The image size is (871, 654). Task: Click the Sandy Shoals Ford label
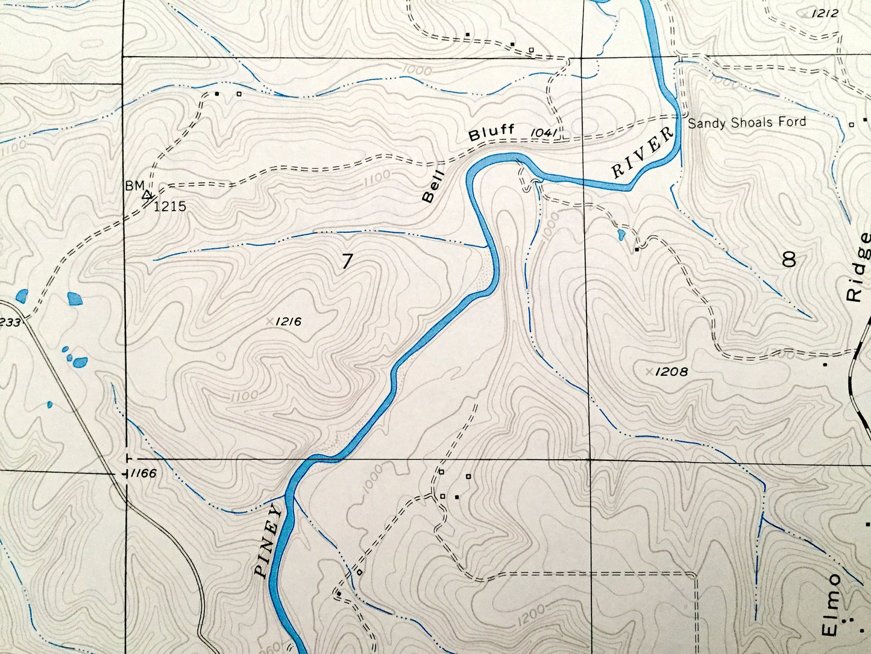pyautogui.click(x=746, y=122)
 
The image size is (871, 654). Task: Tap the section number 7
pyautogui.click(x=347, y=262)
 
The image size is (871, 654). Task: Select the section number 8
pyautogui.click(x=788, y=259)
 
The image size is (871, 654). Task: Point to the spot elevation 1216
pyautogui.click(x=288, y=322)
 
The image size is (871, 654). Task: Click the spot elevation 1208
pyautogui.click(x=671, y=372)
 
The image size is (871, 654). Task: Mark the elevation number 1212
pyautogui.click(x=825, y=13)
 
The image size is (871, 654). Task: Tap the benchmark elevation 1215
pyautogui.click(x=169, y=207)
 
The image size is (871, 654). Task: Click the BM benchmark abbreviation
pyautogui.click(x=134, y=186)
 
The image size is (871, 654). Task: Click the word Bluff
pyautogui.click(x=492, y=133)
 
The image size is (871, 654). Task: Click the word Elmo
pyautogui.click(x=832, y=603)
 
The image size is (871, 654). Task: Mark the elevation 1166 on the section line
pyautogui.click(x=143, y=474)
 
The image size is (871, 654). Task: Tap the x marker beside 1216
pyautogui.click(x=269, y=322)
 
